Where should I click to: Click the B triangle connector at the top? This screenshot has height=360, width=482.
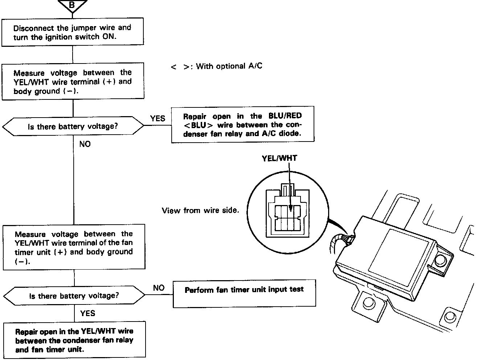click(72, 5)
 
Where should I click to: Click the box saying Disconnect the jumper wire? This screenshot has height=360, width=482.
click(73, 33)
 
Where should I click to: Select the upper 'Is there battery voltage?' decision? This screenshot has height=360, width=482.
click(73, 126)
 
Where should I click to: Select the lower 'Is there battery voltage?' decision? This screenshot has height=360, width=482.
click(74, 295)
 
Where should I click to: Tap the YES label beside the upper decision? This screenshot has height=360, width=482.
click(158, 118)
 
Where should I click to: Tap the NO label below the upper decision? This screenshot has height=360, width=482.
click(85, 144)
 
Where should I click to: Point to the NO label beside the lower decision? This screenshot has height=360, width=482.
click(159, 288)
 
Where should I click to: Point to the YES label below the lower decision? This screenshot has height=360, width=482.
click(87, 313)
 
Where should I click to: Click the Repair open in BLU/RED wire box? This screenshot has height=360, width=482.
click(242, 124)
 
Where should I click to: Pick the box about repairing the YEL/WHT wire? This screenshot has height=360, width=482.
click(74, 340)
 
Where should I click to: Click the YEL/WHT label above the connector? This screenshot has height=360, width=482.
click(279, 158)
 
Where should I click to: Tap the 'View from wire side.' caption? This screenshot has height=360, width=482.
click(200, 210)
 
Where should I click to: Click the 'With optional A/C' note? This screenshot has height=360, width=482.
click(216, 66)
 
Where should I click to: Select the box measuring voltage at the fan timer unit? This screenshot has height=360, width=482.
click(74, 247)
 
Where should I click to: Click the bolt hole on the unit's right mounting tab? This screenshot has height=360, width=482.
click(441, 259)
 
